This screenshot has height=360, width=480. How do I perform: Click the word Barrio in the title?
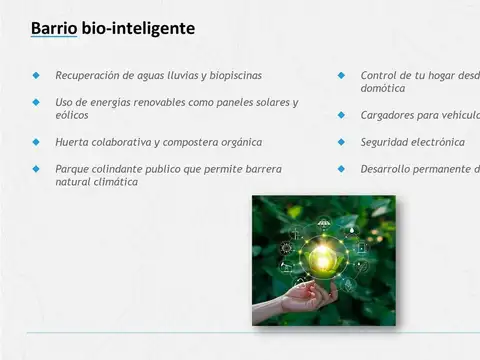coord(53,29)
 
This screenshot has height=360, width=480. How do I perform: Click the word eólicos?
coord(71,115)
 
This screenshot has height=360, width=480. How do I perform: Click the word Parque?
coord(73,169)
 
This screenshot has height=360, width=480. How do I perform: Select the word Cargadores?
coord(392,115)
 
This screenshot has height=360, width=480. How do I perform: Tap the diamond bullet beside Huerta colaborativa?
coord(36,142)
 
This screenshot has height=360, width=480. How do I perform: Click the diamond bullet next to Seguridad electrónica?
coord(341,142)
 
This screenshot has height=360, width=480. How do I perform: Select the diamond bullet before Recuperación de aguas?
coord(36,75)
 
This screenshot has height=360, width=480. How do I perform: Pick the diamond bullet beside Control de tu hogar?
coord(341,75)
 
